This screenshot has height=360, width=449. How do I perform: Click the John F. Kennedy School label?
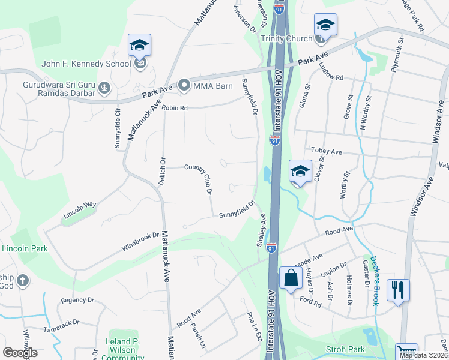(86, 64)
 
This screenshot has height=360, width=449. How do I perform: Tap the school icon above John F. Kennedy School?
(139, 45)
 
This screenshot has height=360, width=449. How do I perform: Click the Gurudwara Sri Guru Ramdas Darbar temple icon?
(105, 89)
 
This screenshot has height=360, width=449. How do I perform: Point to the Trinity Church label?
(286, 38)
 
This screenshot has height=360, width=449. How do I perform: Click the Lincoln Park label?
(23, 248)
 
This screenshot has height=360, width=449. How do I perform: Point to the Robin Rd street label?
(175, 109)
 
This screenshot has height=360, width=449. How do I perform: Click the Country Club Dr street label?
(199, 178)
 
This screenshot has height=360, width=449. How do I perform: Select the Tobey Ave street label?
(326, 152)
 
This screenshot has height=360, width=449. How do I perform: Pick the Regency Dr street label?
(78, 299)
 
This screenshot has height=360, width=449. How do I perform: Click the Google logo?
(20, 353)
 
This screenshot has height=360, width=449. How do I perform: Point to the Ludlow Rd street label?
(331, 72)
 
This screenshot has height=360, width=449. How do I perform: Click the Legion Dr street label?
(334, 269)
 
